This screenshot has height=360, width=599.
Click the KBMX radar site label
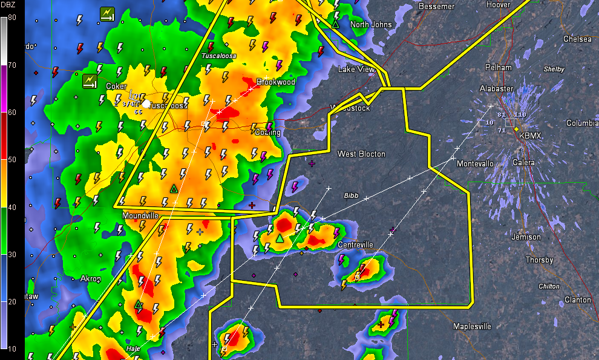(530, 136)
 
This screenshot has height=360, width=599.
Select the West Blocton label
(361, 154)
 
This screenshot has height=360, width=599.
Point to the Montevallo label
(475, 164)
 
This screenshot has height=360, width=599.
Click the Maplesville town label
(472, 327)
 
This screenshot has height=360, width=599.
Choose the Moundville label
(140, 215)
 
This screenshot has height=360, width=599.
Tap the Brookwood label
(275, 82)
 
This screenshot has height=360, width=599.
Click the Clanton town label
(577, 299)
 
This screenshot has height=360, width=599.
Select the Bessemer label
(436, 6)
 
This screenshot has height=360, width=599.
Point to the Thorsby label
(539, 260)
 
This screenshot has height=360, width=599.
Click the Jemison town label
(526, 237)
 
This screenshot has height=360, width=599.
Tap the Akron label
(90, 279)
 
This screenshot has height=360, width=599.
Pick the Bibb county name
(351, 195)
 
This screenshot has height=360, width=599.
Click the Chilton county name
(549, 286)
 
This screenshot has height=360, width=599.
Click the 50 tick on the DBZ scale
(12, 160)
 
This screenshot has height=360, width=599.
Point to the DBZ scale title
(11, 6)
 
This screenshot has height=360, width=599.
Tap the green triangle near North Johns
(335, 24)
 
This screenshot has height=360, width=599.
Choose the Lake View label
(356, 69)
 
